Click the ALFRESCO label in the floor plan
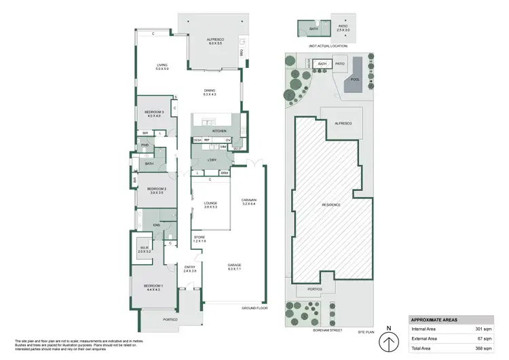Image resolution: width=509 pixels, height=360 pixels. point(215,40)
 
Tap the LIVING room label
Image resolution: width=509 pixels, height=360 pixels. point(161,65)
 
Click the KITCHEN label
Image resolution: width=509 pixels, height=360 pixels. point(219,130)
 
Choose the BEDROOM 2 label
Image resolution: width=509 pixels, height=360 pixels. point(157,189)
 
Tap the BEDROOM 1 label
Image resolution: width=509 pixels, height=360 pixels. point(152,287)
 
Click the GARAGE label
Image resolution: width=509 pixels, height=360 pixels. point(235,265)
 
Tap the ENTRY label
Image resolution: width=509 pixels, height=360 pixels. point(190,268)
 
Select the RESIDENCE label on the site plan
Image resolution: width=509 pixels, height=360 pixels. point(331,204)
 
